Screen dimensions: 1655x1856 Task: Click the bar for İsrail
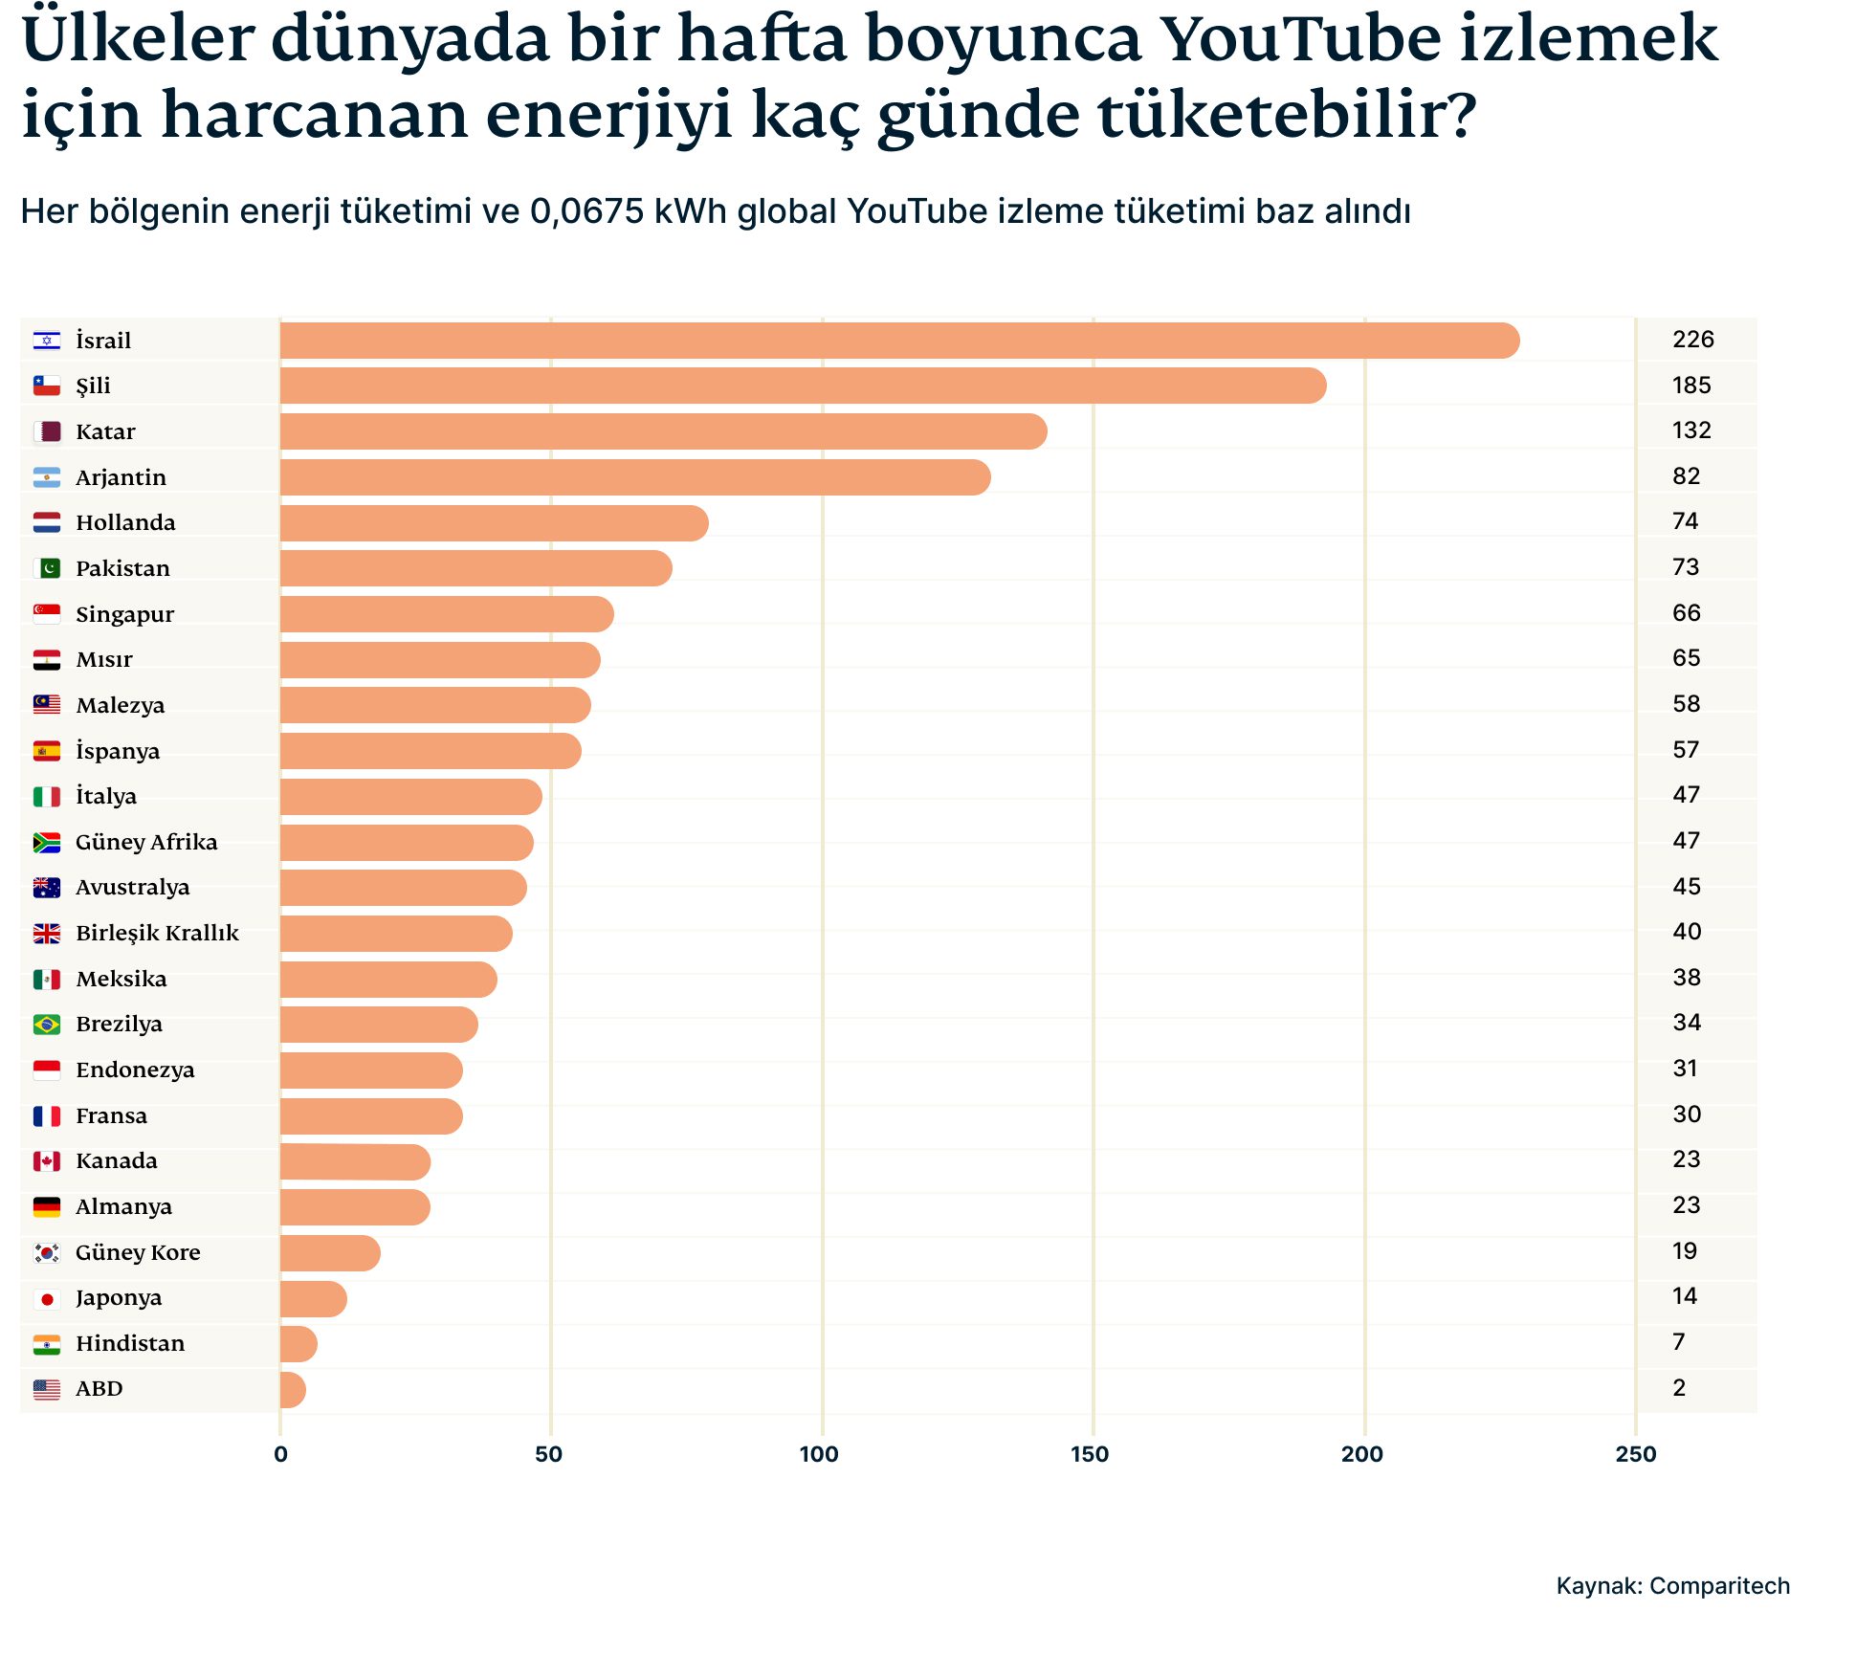[x=899, y=341]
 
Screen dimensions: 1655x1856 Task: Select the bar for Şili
[x=804, y=386]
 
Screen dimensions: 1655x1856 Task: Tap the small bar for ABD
[x=293, y=1389]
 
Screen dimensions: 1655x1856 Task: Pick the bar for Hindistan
[x=298, y=1344]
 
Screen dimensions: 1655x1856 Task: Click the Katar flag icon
[x=47, y=431]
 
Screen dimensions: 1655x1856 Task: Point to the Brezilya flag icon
[x=47, y=1025]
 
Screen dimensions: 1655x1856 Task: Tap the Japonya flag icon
[x=47, y=1298]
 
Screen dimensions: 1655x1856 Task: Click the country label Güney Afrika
[x=146, y=842]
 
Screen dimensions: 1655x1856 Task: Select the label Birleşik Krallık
[x=157, y=933]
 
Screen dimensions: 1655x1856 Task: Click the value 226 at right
[x=1692, y=340]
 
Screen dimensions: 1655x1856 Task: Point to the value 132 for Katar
[x=1690, y=430]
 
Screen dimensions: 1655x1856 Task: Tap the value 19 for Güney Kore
[x=1684, y=1251]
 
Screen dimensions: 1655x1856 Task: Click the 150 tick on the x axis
[x=1090, y=1455]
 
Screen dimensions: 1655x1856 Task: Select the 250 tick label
[x=1635, y=1455]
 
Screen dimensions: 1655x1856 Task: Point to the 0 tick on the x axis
[x=280, y=1455]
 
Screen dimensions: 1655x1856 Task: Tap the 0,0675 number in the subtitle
[x=586, y=211]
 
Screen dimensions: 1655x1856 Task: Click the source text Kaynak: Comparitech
[x=1672, y=1586]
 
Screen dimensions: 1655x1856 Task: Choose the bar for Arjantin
[x=635, y=477]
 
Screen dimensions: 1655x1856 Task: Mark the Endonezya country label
[x=135, y=1070]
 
